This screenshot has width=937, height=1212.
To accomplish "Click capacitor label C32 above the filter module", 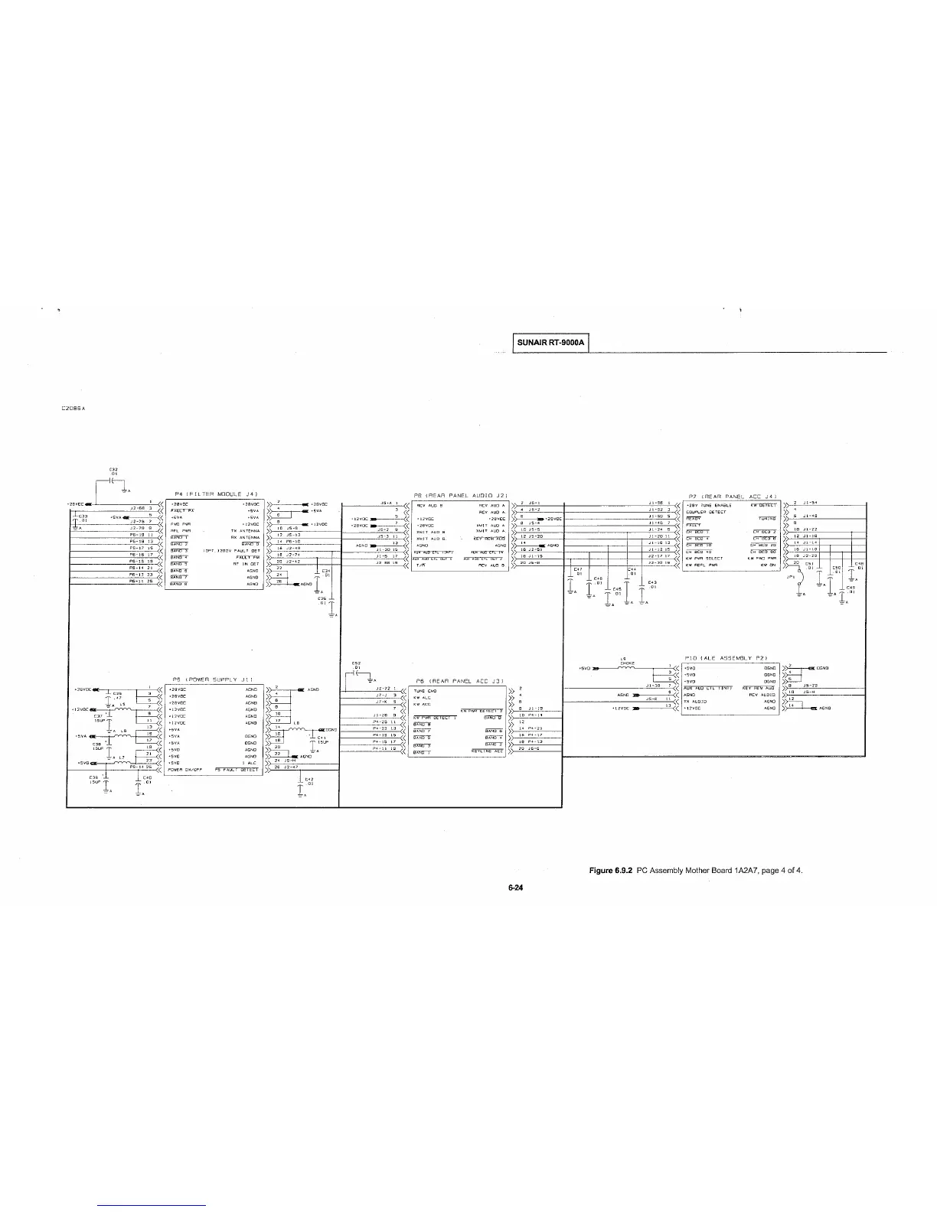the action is (x=113, y=470).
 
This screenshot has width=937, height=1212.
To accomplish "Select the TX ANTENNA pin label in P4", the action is (x=245, y=530).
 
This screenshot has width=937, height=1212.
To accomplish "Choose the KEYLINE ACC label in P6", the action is (x=487, y=751).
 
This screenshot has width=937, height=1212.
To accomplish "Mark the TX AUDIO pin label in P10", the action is (x=695, y=701).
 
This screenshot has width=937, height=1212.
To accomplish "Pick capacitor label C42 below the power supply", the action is (x=309, y=780).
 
